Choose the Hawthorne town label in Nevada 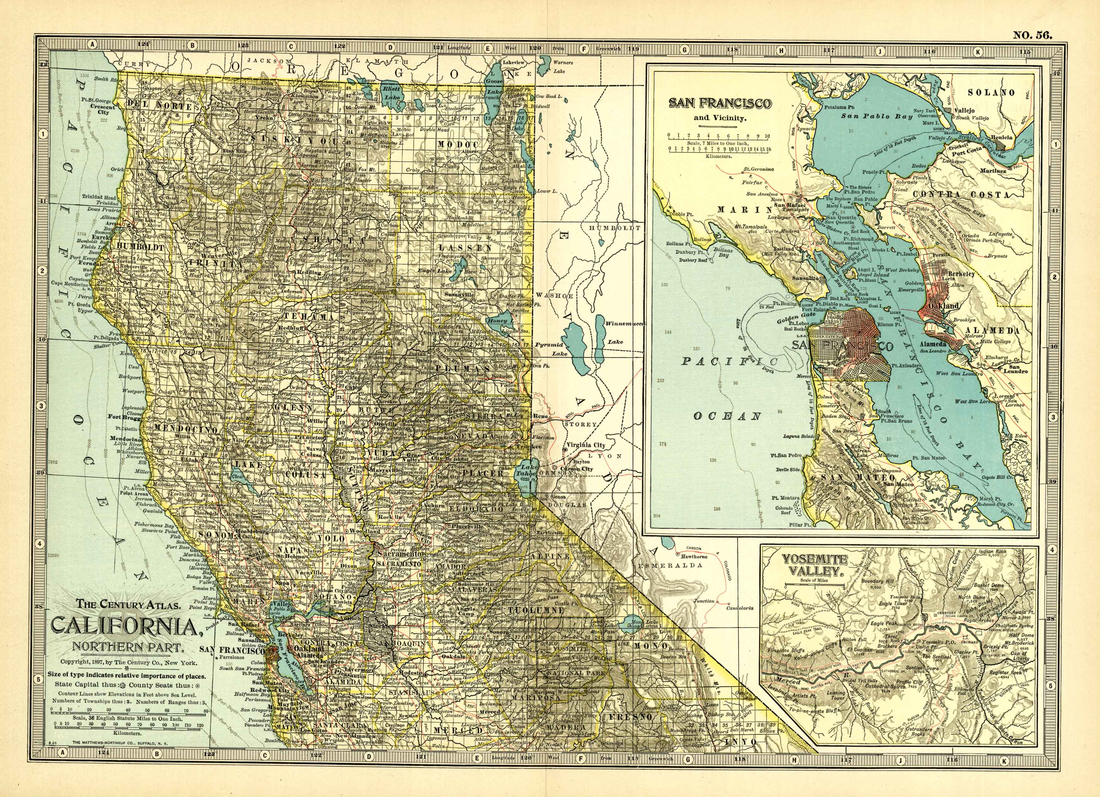pos(694,556)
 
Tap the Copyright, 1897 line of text pos(129,662)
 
